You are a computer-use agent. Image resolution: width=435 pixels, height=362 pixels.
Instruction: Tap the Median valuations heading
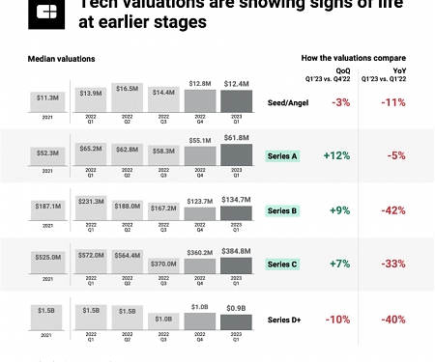coord(62,60)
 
